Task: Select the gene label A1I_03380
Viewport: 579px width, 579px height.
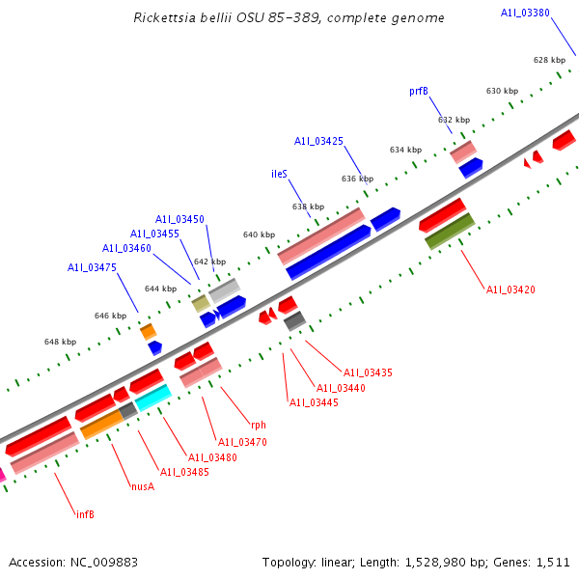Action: tap(525, 13)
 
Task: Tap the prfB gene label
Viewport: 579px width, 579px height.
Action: tap(419, 91)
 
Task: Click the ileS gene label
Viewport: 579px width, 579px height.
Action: tap(279, 175)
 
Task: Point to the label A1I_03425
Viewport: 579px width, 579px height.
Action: tap(318, 141)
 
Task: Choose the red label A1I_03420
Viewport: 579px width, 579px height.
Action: tap(510, 289)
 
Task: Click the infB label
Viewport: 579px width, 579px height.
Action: tap(85, 514)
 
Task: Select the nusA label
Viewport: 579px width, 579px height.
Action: tap(143, 486)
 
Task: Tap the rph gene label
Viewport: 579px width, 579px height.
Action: tap(259, 425)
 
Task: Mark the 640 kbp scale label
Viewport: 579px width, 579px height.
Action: tap(259, 234)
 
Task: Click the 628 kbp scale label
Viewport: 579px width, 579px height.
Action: tap(549, 60)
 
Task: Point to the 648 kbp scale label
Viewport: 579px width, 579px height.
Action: tap(60, 342)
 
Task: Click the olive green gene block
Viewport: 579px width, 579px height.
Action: tap(450, 232)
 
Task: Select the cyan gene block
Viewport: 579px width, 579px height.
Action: tap(152, 397)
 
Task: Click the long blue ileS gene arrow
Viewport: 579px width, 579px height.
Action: tap(328, 253)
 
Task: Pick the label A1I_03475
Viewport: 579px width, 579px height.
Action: tap(92, 267)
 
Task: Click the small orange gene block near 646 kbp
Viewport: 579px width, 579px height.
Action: tap(148, 332)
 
